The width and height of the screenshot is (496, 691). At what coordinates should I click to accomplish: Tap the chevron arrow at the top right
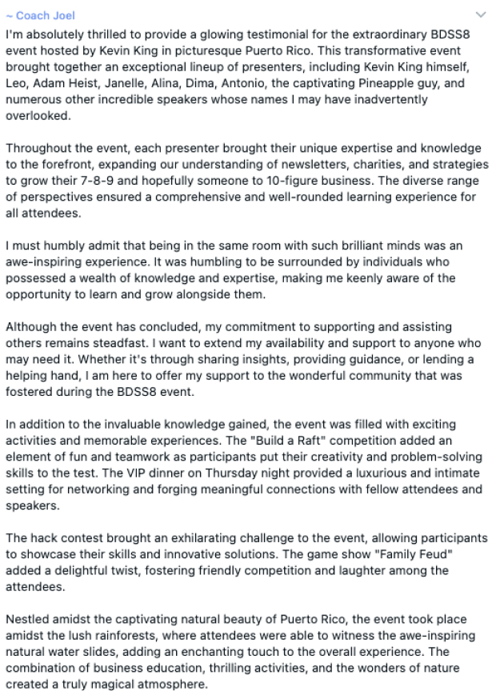click(480, 14)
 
